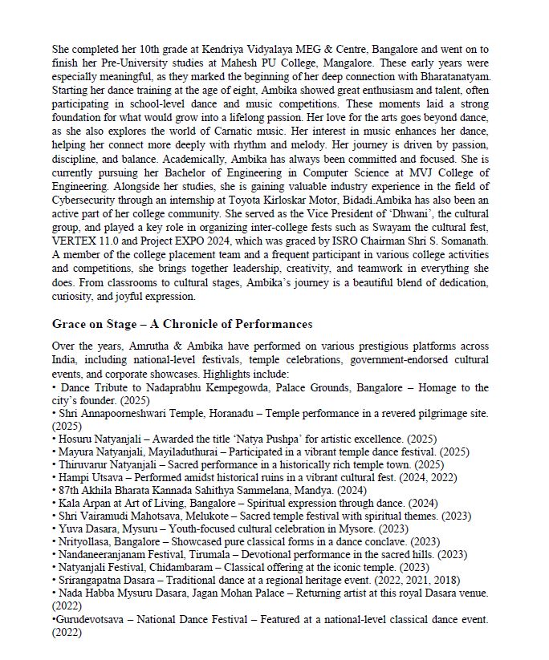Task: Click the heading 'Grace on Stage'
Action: click(x=182, y=324)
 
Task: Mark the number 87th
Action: click(x=68, y=490)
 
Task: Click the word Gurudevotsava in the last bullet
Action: click(x=91, y=619)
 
